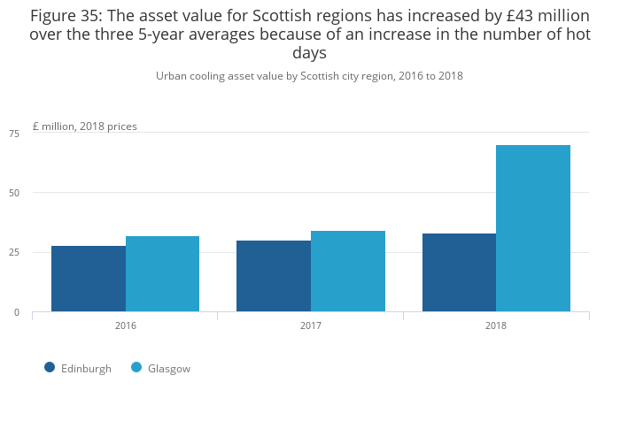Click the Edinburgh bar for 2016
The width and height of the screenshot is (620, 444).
point(89,279)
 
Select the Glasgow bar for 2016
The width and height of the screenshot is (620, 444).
point(162,274)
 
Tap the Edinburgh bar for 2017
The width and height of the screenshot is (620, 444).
point(274,276)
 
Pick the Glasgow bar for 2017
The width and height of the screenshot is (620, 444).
point(348,272)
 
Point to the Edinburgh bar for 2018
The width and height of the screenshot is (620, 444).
point(459,272)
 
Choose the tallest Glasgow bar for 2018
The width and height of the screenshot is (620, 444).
point(533,228)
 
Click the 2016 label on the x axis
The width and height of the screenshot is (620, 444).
point(126,325)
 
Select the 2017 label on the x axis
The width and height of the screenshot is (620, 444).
point(311,325)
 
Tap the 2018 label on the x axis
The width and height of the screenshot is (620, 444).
point(496,325)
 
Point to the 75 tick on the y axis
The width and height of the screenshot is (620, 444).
point(14,134)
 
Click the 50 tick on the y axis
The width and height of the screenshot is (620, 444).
point(14,193)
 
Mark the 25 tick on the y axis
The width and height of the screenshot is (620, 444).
point(14,253)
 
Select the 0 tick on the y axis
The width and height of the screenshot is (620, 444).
point(17,312)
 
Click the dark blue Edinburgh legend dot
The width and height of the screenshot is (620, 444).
point(50,368)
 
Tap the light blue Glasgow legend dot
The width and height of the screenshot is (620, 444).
point(136,368)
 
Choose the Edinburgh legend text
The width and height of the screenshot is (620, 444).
point(86,369)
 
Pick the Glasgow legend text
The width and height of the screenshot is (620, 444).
point(169,369)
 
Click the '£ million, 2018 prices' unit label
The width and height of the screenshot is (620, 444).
point(85,126)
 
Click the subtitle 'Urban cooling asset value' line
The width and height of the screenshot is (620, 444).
point(309,76)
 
